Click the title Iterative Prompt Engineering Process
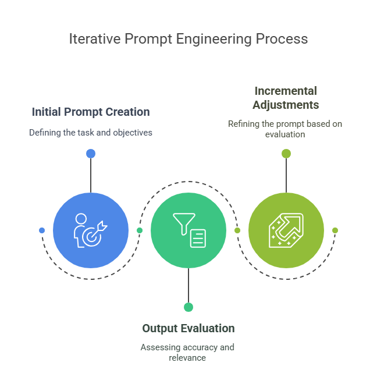pyautogui.click(x=188, y=39)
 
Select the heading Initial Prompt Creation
pyautogui.click(x=90, y=112)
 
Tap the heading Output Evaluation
pyautogui.click(x=188, y=328)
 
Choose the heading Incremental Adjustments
pyautogui.click(x=286, y=98)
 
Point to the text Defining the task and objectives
pyautogui.click(x=90, y=133)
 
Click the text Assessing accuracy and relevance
pyautogui.click(x=188, y=352)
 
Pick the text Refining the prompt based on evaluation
pyautogui.click(x=286, y=129)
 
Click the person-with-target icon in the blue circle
pyautogui.click(x=91, y=230)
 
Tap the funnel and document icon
pyautogui.click(x=188, y=230)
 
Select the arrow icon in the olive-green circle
pyautogui.click(x=286, y=230)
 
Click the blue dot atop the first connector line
pyautogui.click(x=91, y=154)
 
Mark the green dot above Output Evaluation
pyautogui.click(x=188, y=307)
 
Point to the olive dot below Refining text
pyautogui.click(x=286, y=154)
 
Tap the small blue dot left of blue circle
pyautogui.click(x=42, y=230)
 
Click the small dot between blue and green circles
pyautogui.click(x=140, y=230)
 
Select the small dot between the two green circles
pyautogui.click(x=237, y=230)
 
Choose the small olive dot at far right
pyautogui.click(x=335, y=230)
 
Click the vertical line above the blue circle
pyautogui.click(x=91, y=175)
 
